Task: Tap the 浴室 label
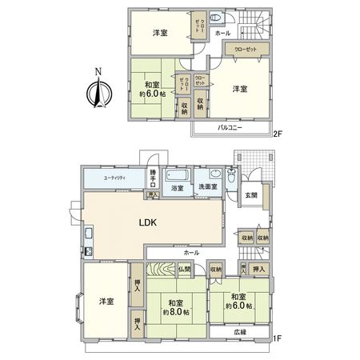click(x=177, y=188)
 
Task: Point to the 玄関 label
click(x=249, y=195)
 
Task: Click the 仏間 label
click(x=185, y=270)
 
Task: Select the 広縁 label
click(x=240, y=332)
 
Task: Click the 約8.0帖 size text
click(x=174, y=311)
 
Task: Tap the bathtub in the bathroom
click(x=177, y=174)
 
